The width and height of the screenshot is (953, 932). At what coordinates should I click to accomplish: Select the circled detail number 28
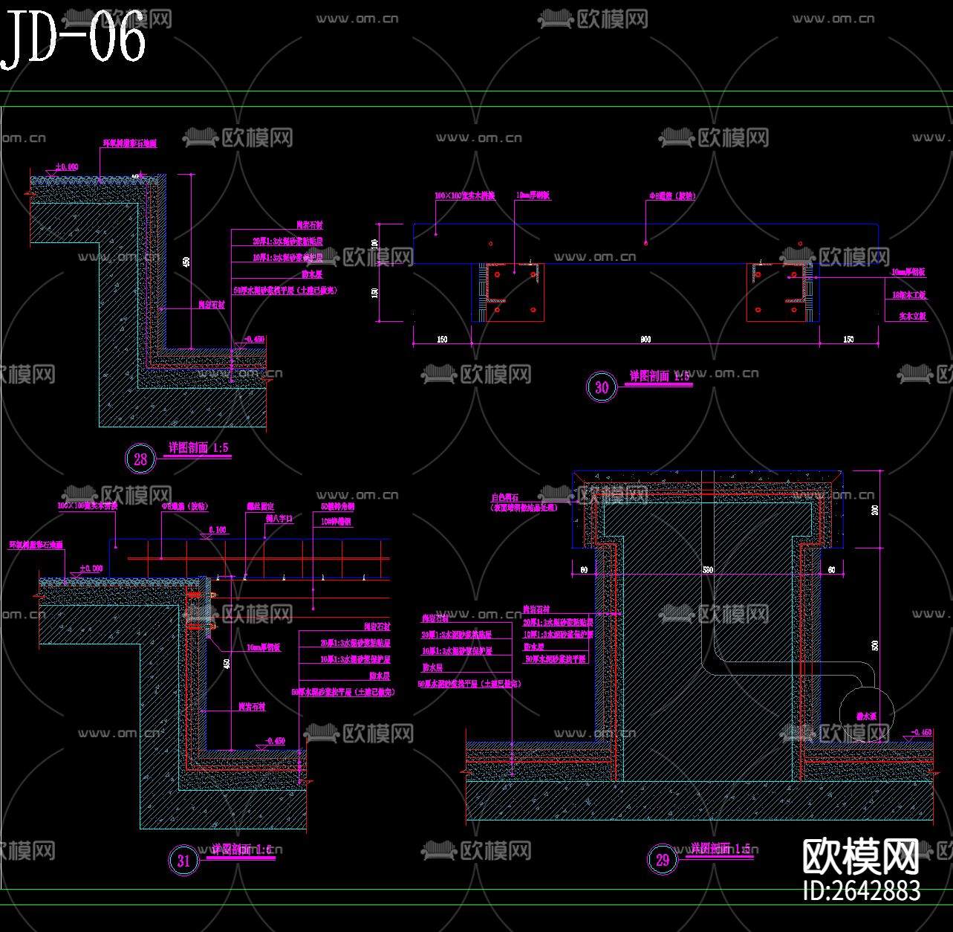tap(140, 459)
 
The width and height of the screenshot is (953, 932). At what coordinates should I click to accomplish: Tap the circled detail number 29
tap(662, 860)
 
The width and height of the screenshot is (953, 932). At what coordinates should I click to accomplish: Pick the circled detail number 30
tap(602, 387)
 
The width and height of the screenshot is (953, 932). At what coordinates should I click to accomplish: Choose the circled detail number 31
tap(183, 861)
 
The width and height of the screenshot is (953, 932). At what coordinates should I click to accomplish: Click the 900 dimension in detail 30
tap(645, 340)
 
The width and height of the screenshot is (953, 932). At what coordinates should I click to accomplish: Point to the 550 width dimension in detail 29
tap(707, 569)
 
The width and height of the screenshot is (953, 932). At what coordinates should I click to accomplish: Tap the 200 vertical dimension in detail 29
tap(874, 510)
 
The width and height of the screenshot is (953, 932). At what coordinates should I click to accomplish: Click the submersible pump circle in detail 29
tap(867, 716)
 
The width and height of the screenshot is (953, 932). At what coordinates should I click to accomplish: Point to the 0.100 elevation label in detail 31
tap(217, 530)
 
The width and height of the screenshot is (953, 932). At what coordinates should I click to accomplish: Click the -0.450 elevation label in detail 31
tap(274, 741)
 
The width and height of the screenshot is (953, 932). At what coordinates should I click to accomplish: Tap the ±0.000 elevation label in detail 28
tap(66, 167)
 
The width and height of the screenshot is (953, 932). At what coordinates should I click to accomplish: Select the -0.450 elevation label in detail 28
tap(253, 339)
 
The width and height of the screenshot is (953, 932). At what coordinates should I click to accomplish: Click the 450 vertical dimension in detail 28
tap(186, 262)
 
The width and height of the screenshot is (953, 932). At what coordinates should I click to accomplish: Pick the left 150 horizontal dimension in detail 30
tap(442, 340)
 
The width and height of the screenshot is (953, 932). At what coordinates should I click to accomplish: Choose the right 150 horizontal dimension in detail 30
tap(848, 340)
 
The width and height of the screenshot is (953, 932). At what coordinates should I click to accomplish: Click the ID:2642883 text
tap(862, 890)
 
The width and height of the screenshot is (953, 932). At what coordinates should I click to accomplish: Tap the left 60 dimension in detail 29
tap(584, 569)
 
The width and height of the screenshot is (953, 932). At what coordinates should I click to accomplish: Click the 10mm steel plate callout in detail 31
tap(264, 648)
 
